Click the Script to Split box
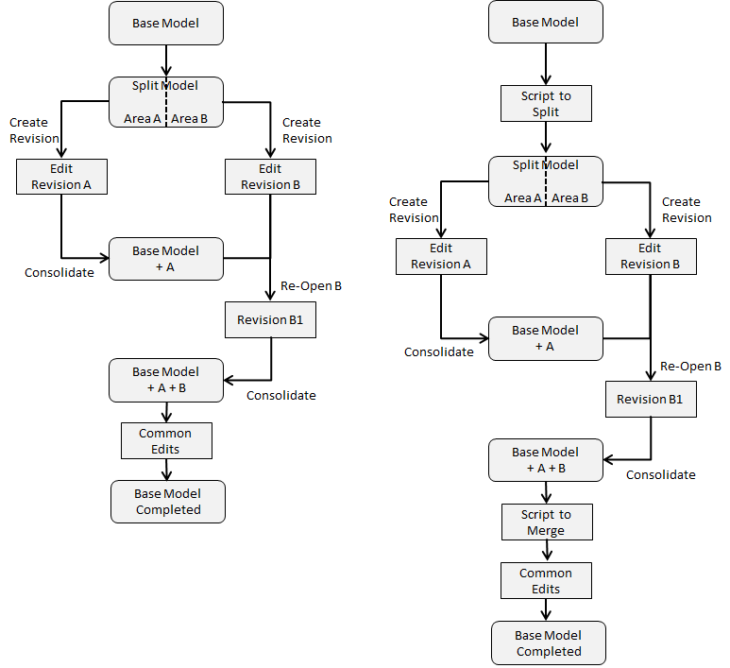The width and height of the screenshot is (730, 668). [x=546, y=103]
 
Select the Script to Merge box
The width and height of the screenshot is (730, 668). [x=546, y=522]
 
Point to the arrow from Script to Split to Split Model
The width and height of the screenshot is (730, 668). [x=546, y=139]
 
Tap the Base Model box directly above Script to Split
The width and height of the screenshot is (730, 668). [x=545, y=23]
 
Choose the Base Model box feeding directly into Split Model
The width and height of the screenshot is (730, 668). [x=166, y=23]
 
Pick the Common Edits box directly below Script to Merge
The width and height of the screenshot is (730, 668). [x=546, y=580]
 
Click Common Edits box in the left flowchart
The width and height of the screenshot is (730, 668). [x=165, y=440]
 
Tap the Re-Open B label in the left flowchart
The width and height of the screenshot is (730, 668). [x=310, y=286]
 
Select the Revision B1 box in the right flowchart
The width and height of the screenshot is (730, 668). [x=650, y=399]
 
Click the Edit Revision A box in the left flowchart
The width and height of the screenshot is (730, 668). [x=61, y=177]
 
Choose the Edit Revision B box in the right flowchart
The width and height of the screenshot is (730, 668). [x=650, y=256]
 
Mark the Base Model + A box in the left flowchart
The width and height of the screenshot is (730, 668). [x=166, y=258]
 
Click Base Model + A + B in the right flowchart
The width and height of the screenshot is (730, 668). [x=545, y=459]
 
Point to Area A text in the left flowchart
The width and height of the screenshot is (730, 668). [x=143, y=119]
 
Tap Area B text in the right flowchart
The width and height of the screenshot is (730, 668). [x=570, y=197]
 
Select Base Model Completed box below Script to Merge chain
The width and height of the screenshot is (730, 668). [x=548, y=642]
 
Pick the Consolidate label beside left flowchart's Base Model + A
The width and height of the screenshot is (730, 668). [x=59, y=272]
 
